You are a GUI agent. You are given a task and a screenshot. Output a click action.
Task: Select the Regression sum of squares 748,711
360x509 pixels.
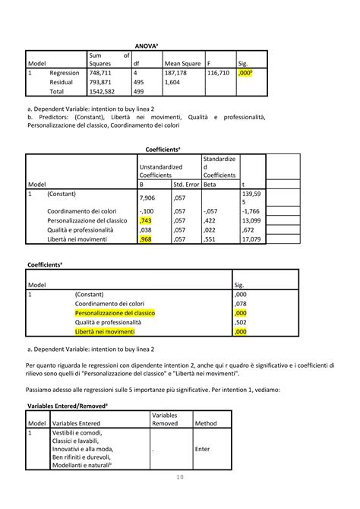coord(100,73)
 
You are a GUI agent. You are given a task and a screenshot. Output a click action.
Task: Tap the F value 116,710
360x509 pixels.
coord(219,73)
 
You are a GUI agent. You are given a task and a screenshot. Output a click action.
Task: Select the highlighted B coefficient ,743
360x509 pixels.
coord(146,220)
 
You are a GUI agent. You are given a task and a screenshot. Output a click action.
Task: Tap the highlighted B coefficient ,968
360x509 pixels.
coord(147,239)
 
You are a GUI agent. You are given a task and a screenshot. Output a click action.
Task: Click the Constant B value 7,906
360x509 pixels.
coord(148,198)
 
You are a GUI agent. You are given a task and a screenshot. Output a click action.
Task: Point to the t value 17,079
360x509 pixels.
coord(251,239)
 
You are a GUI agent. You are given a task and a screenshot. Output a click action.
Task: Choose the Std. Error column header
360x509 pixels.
coord(186,184)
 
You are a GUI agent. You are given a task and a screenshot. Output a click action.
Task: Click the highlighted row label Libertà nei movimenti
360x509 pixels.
coord(105,332)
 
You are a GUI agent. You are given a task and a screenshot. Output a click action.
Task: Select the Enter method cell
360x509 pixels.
coord(202,449)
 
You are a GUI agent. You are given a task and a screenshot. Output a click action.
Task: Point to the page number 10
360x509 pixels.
coord(180,498)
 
